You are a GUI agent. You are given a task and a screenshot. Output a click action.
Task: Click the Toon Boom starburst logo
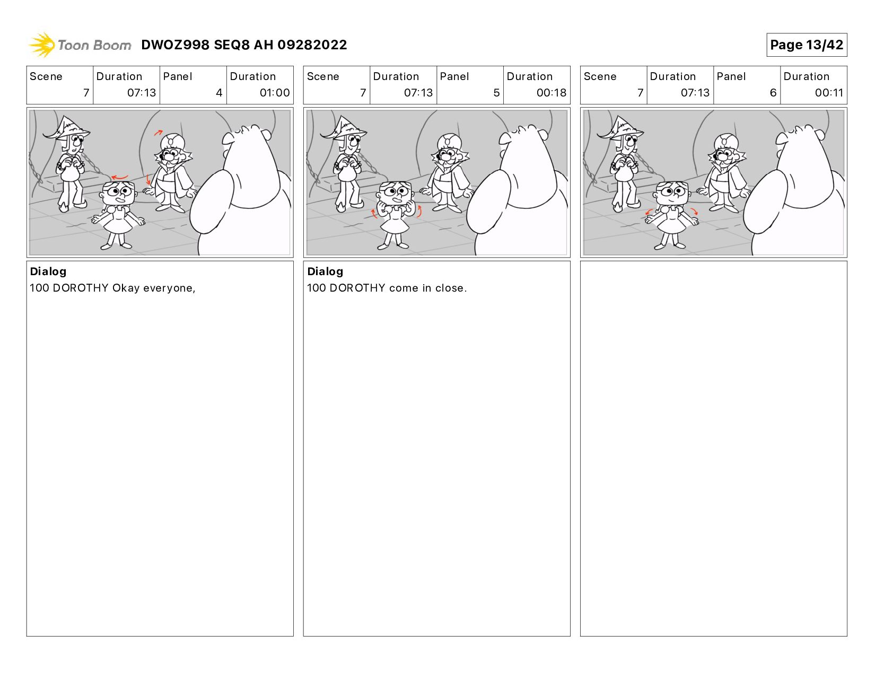coord(41,45)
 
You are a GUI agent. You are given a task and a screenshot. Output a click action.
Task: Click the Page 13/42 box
coord(806,45)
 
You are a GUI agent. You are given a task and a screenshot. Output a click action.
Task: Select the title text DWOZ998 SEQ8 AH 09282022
coord(244,45)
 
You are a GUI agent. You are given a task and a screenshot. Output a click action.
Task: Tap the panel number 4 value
coord(219,93)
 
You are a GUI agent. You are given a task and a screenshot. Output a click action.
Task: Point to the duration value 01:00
coord(275,93)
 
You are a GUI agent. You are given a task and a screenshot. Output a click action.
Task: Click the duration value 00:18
coord(552,93)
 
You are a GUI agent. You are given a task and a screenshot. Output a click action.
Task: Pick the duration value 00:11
coord(829,93)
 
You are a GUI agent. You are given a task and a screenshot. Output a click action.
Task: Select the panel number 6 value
coord(773,93)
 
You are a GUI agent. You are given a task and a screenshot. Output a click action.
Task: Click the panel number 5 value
coord(496,93)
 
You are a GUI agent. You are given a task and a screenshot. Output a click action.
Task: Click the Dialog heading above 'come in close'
coord(325,271)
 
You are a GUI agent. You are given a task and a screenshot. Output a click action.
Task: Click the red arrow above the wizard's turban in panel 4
coord(158,132)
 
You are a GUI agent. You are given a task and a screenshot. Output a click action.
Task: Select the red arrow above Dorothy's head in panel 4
coord(120,177)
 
